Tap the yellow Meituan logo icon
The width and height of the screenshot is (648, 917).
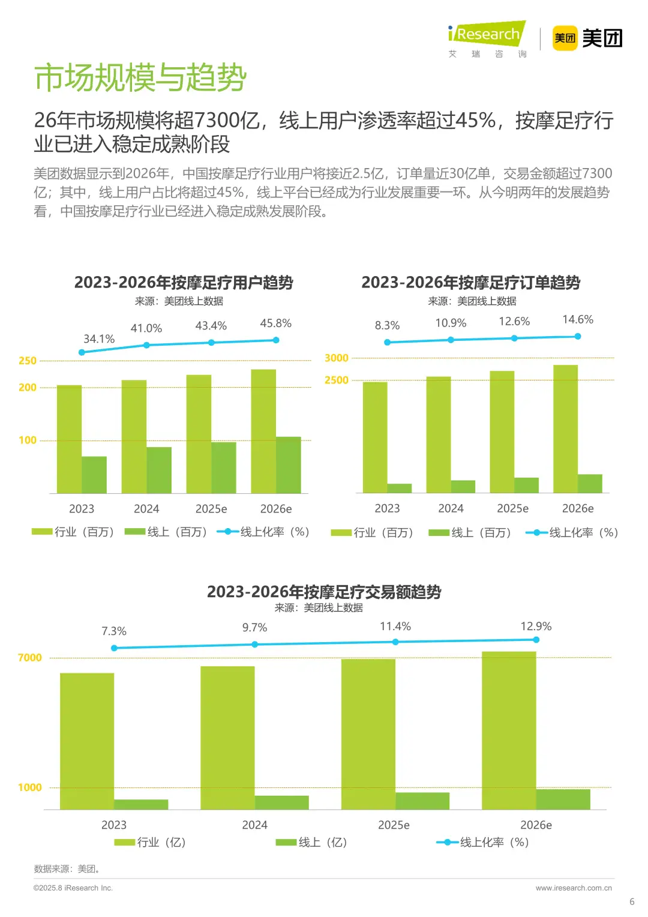point(564,38)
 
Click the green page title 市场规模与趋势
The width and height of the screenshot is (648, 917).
point(140,78)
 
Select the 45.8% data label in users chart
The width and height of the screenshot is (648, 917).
point(275,323)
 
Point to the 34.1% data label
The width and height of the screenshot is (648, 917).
point(99,339)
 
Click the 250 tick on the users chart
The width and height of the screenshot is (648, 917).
point(28,361)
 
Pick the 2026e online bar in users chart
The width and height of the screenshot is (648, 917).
point(288,465)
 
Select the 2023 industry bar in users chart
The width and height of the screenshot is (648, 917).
point(69,439)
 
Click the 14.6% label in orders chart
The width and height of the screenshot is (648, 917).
point(577,320)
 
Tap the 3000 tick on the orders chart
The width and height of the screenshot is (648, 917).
point(336,358)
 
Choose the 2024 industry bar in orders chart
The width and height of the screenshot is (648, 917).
point(438,434)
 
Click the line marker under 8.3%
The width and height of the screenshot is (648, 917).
point(387,342)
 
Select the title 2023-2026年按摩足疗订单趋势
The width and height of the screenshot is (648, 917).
point(470,283)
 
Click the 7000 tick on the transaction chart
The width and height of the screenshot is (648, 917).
point(30,658)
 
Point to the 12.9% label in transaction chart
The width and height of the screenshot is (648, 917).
point(535,627)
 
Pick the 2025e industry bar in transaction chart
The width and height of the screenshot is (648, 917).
point(368,734)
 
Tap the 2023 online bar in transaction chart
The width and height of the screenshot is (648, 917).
point(141,804)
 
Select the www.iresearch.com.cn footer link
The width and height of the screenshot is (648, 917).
point(574,888)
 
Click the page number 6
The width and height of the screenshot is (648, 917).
point(631,901)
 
